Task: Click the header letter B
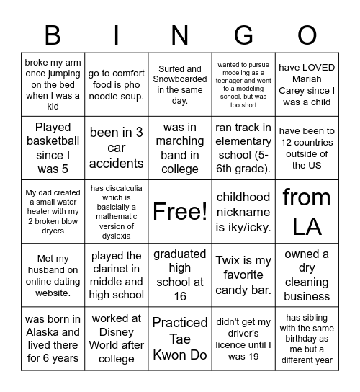point(53,35)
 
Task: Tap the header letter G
point(243,35)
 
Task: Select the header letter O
point(307,35)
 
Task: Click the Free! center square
point(180,211)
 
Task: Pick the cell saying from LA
point(307,211)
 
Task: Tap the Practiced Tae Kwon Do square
point(180,339)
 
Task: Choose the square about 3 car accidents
point(117,148)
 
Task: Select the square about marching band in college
point(180,148)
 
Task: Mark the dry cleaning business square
point(307,275)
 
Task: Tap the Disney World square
point(117,339)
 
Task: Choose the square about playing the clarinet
point(117,275)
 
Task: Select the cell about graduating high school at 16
point(180,275)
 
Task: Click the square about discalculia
point(117,211)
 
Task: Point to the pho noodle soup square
point(117,84)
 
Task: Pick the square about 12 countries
point(307,148)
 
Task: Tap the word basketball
point(53,141)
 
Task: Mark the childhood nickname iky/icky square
point(243,211)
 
